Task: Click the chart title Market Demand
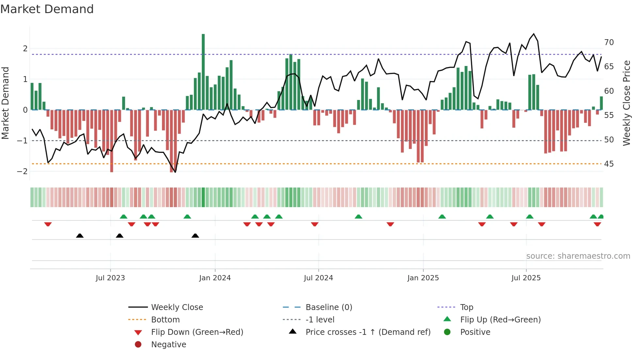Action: tap(47, 9)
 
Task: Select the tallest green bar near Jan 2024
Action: tap(203, 72)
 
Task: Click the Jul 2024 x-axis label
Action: tap(318, 278)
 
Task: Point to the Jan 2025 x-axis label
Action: tap(423, 278)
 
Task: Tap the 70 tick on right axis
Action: tap(609, 42)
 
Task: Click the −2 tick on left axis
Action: tap(22, 172)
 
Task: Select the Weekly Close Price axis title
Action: tap(626, 103)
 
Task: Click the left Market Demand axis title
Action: tap(6, 103)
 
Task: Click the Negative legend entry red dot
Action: tap(138, 345)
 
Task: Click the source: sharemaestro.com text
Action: tap(578, 256)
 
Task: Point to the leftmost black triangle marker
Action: tap(80, 236)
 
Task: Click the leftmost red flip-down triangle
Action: tap(48, 224)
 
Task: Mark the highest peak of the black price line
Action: tap(534, 34)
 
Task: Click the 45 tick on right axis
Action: tap(609, 164)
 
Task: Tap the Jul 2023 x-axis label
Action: tap(110, 278)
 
